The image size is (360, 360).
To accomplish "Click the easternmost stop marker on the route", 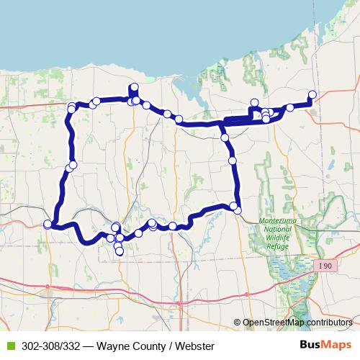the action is click(312, 94).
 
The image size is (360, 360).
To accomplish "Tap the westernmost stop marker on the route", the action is click(48, 225).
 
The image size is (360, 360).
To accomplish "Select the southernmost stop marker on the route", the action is click(120, 251).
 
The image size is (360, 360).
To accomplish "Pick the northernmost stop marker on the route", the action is click(133, 88).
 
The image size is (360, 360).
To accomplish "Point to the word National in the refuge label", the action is click(272, 228).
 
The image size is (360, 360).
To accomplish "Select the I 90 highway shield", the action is click(325, 266).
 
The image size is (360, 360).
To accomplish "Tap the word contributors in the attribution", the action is click(328, 323).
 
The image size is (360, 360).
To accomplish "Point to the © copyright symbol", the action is click(237, 323).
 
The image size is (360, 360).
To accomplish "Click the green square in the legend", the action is click(9, 346).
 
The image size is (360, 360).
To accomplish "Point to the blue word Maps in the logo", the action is click(337, 345).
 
